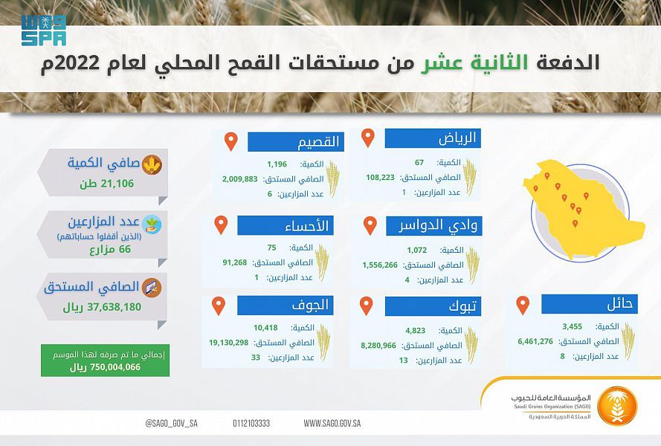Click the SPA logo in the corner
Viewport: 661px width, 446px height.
coord(44,30)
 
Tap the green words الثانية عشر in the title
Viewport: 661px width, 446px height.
coord(474,62)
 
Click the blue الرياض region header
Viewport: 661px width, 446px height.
coord(433,139)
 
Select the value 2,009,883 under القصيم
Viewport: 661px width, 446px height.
coord(240,178)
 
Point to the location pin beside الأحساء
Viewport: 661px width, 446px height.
coord(221,224)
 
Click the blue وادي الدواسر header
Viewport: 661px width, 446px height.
coord(433,226)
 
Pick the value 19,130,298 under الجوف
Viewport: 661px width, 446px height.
coord(228,343)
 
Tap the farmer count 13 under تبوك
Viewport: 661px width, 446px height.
coord(404,361)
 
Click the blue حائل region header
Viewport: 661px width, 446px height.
coord(590,304)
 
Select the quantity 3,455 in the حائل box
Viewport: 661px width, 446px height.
coord(572,326)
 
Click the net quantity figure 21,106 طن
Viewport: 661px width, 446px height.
coord(106,184)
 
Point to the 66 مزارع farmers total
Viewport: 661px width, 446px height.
coord(110,250)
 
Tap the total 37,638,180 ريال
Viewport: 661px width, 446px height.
coord(102,307)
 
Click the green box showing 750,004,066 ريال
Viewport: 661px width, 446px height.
coord(105,361)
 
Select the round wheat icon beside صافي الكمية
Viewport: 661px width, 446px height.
coord(152,165)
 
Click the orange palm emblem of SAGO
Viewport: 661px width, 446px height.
coord(617,406)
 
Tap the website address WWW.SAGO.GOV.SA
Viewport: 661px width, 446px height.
coord(332,423)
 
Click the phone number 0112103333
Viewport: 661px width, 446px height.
coord(251,423)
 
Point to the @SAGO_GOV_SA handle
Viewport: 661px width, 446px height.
coord(171,423)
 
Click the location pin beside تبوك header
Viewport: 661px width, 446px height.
coord(366,306)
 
